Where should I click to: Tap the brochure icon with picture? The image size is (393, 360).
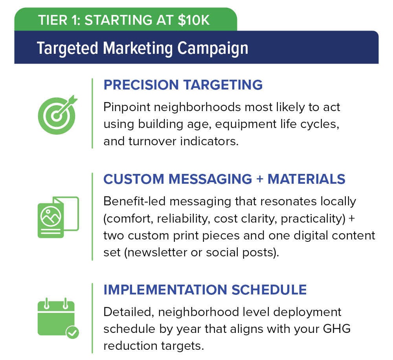pyautogui.click(x=58, y=217)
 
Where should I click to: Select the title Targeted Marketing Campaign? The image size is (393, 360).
pyautogui.click(x=142, y=48)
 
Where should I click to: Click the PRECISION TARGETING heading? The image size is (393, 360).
pyautogui.click(x=183, y=85)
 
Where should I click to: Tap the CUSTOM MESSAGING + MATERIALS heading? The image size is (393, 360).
pyautogui.click(x=224, y=179)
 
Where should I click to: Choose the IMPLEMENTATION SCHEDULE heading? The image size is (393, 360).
pyautogui.click(x=205, y=290)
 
